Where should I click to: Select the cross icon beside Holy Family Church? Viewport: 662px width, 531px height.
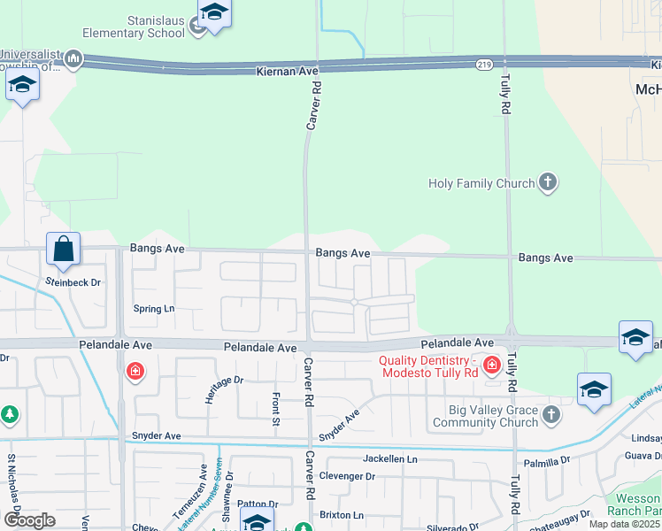click(x=548, y=183)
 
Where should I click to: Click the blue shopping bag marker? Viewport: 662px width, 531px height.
click(x=64, y=250)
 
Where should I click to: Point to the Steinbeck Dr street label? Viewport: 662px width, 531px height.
click(x=73, y=282)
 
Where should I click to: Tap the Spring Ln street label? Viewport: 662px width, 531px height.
click(x=154, y=309)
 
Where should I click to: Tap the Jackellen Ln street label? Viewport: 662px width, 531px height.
click(x=389, y=459)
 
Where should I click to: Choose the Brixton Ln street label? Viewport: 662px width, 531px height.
click(x=341, y=515)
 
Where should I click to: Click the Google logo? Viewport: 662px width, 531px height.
click(x=29, y=520)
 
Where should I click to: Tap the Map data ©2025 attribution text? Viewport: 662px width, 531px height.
click(x=624, y=524)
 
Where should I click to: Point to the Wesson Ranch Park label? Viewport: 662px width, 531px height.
click(x=637, y=505)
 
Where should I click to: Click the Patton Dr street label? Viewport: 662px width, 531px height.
click(x=258, y=504)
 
